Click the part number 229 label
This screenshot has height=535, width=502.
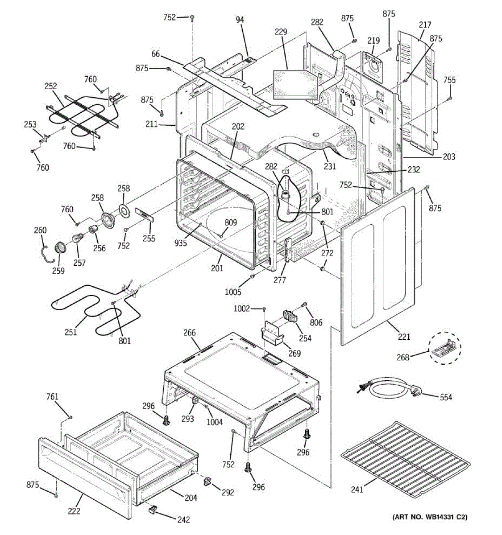coord(281,32)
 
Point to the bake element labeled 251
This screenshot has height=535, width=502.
coord(96,310)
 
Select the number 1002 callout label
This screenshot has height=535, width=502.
coord(242,308)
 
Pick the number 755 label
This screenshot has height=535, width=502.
coord(449,80)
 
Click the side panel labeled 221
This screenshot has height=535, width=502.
coord(378,266)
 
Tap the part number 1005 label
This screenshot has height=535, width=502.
coord(233,292)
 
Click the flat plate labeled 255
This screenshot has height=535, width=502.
coord(145,215)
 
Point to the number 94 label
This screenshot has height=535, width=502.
coord(240,20)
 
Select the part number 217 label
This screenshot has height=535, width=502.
coord(425,25)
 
